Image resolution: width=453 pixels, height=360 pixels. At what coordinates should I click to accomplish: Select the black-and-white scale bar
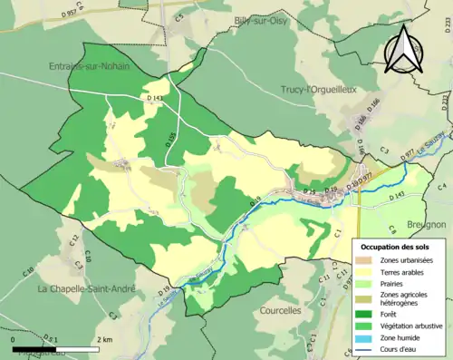pos(55,348)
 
